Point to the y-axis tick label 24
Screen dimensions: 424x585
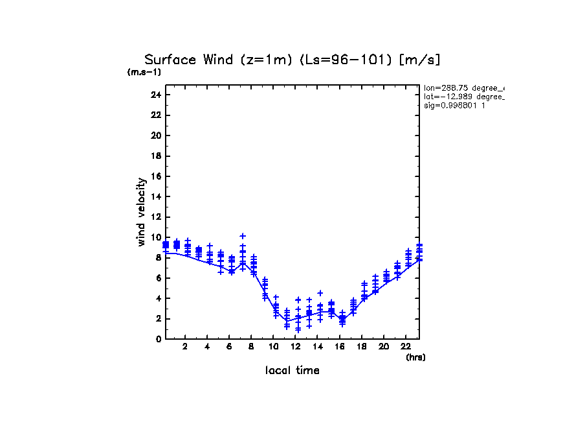pos(155,95)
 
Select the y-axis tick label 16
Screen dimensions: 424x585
pos(155,176)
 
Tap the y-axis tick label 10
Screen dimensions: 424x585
pos(155,237)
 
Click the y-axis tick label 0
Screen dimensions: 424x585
pos(158,339)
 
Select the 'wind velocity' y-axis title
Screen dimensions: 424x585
pos(142,212)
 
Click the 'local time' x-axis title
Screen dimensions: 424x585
pos(292,370)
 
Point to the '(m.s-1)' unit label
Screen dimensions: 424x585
pos(144,72)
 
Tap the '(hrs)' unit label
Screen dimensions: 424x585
pos(415,357)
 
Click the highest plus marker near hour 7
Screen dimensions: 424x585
pos(243,236)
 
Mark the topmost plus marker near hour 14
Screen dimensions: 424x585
pos(320,293)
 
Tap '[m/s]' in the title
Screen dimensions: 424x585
pos(420,60)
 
